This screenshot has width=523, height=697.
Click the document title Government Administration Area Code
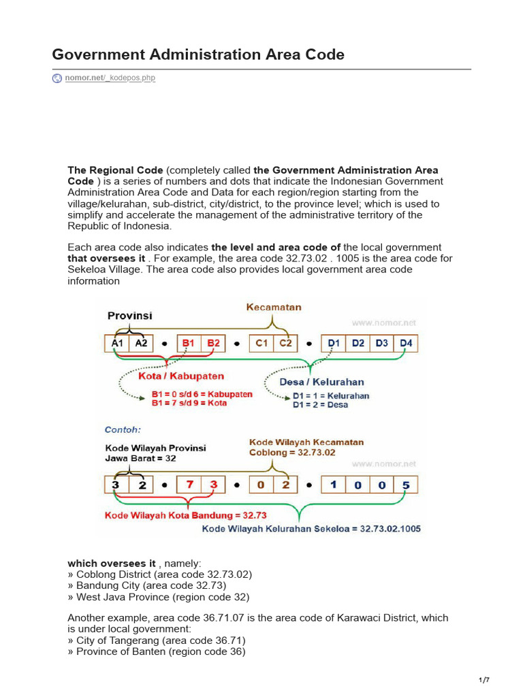point(198,54)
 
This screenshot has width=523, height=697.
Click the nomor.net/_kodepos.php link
point(110,78)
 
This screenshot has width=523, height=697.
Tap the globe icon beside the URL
point(57,78)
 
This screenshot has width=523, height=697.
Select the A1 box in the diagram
point(117,344)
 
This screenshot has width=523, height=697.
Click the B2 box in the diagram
point(214,344)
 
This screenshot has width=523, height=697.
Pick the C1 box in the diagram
point(261,344)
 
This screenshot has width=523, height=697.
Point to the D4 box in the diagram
point(406,344)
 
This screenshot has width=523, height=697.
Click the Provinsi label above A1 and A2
point(130,316)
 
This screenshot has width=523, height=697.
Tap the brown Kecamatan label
point(274,308)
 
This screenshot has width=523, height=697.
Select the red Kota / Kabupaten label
point(180,376)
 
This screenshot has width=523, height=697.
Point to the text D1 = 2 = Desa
point(320,405)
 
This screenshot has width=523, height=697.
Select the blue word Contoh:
point(123,430)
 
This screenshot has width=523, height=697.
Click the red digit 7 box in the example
point(189,485)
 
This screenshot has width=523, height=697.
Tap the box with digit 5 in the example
point(406,485)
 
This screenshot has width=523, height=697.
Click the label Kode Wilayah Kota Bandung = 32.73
point(185,515)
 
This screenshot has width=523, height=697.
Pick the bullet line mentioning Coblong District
point(159,574)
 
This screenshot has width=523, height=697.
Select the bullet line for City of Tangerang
point(157,641)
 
